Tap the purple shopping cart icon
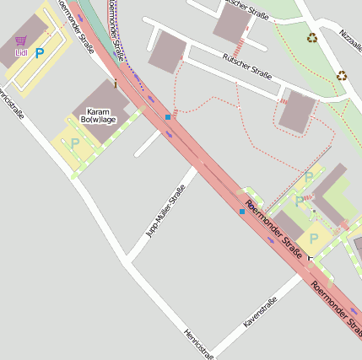point(21,40)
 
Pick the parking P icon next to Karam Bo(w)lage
point(74,143)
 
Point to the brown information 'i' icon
point(115,83)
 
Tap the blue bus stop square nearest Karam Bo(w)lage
point(167,116)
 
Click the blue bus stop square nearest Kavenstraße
point(242,211)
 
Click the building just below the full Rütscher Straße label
point(296,112)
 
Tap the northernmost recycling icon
point(312,38)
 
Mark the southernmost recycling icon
point(342,75)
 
